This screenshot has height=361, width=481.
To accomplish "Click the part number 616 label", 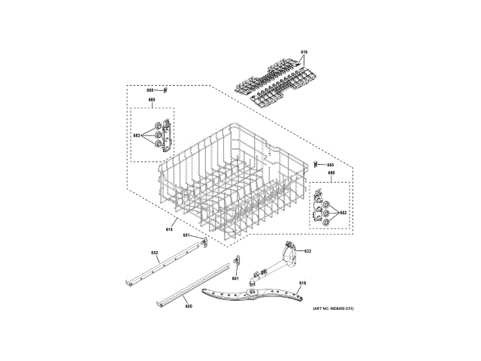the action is click(x=304, y=51).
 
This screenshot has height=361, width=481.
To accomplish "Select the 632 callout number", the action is click(x=307, y=250).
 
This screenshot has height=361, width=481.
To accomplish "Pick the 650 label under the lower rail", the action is click(x=189, y=306).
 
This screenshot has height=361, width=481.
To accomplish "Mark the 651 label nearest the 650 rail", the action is click(x=234, y=278).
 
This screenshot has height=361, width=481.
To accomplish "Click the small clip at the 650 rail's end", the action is click(x=236, y=261).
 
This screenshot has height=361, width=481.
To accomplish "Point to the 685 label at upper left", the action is click(x=150, y=90).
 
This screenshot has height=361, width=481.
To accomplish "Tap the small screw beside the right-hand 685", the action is click(x=316, y=163).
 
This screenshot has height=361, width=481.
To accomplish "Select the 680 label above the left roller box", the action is click(x=152, y=100).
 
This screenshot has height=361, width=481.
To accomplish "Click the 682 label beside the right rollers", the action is click(x=343, y=213).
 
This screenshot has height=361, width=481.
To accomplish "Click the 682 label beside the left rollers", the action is click(x=137, y=135).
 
